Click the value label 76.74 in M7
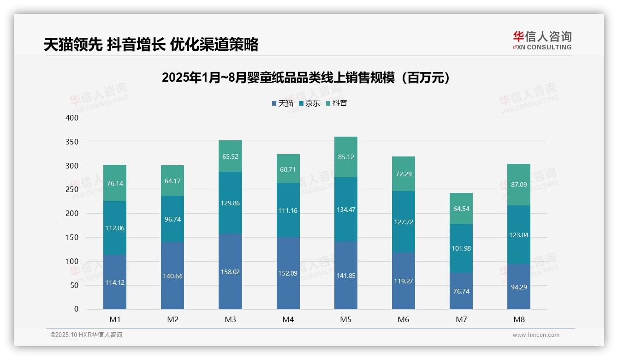tap(461, 292)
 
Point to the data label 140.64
tap(172, 276)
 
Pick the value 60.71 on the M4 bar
tap(288, 169)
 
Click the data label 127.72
tap(403, 222)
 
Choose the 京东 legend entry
tap(309, 103)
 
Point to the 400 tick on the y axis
tap(72, 118)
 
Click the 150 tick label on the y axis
tap(72, 238)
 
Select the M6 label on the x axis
tap(403, 320)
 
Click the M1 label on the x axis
tap(115, 320)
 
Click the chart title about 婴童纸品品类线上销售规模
tap(306, 78)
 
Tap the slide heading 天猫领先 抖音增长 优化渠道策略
tap(151, 44)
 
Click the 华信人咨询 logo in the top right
tap(542, 40)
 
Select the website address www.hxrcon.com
tap(536, 335)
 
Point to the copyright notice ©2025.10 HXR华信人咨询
tap(86, 335)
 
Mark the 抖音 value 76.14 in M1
tap(115, 183)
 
